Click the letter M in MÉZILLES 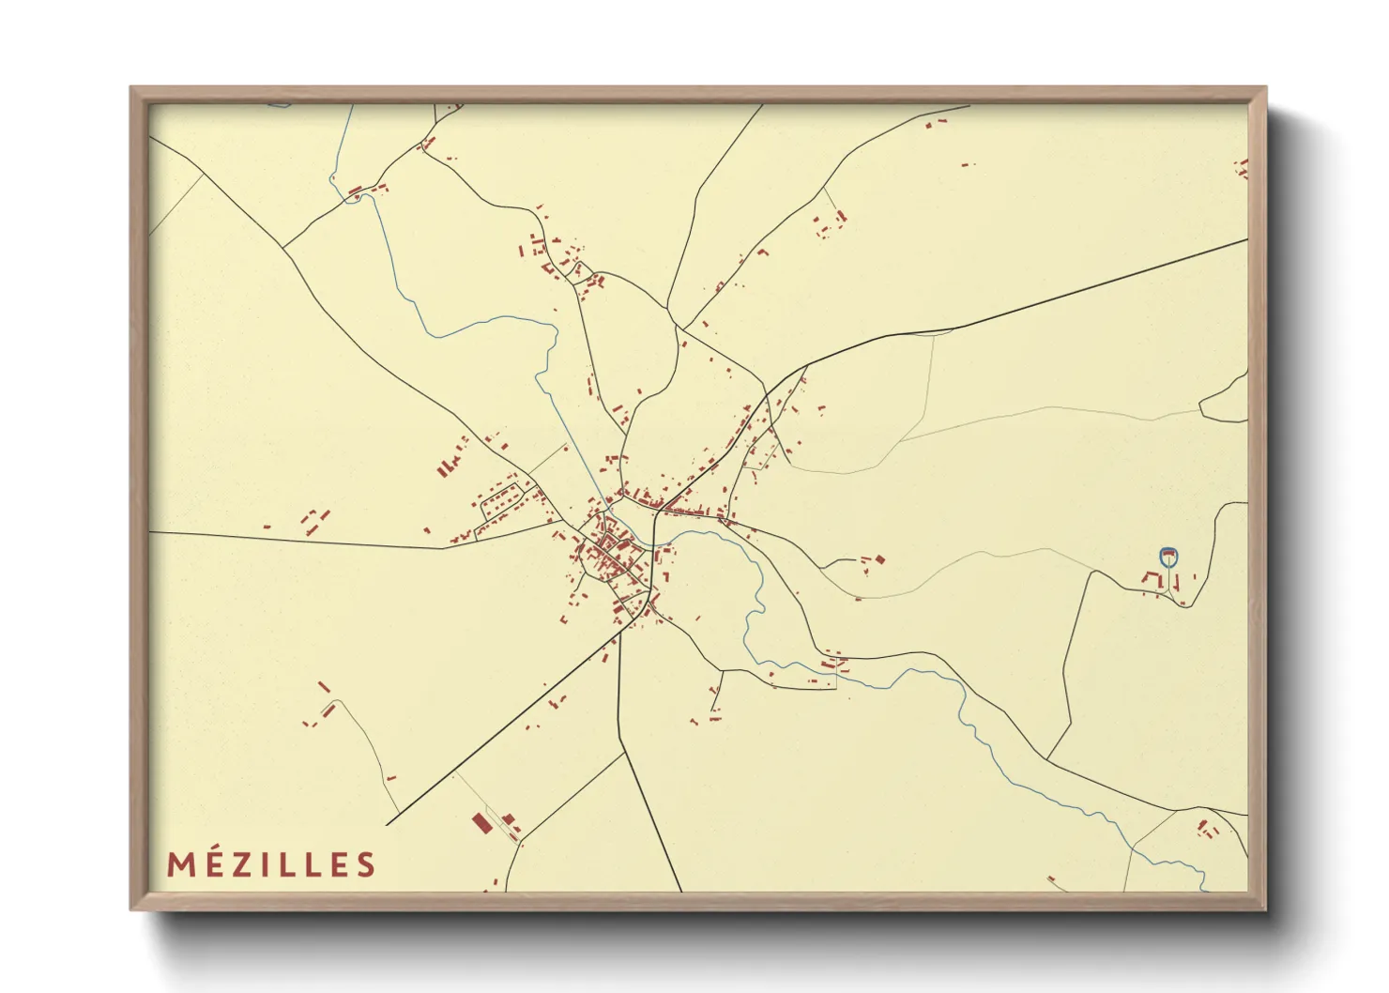(x=180, y=864)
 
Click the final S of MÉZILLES (x=365, y=864)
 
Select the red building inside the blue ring (x=1168, y=556)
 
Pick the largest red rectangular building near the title (x=481, y=823)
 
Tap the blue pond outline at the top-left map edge (x=280, y=105)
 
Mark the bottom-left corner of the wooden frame (x=132, y=908)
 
